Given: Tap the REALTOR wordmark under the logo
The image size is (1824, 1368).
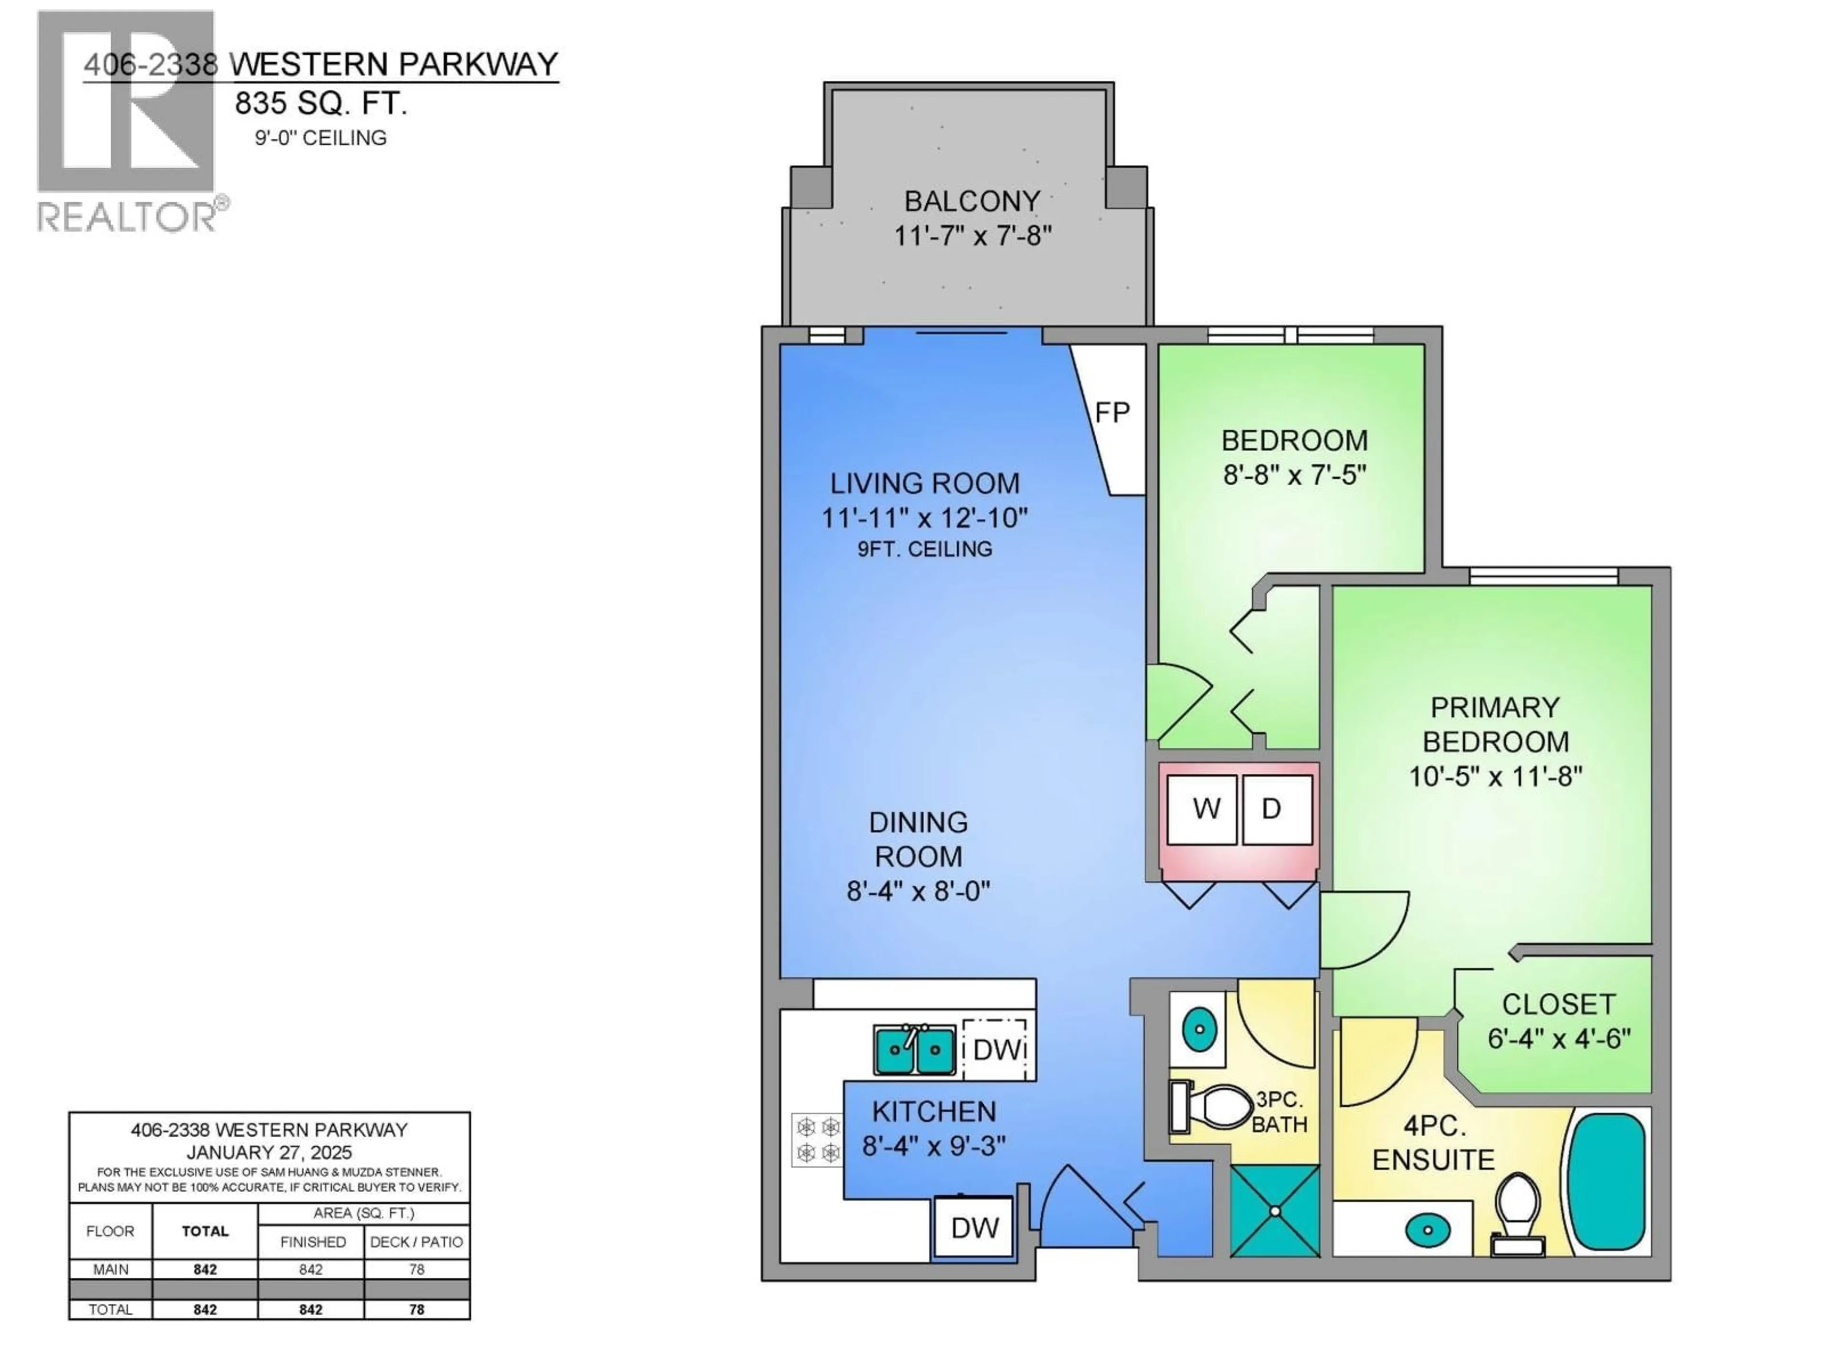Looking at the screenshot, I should (x=128, y=217).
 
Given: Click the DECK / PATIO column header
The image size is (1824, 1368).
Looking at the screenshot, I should (x=417, y=1242).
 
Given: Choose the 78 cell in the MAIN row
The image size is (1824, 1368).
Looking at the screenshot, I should (x=417, y=1270).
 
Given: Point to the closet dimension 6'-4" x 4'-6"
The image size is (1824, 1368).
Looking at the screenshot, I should (x=1558, y=1039).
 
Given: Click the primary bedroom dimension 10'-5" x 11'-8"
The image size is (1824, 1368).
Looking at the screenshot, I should (x=1495, y=777).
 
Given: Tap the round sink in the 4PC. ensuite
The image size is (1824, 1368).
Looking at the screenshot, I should (x=1427, y=1232).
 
